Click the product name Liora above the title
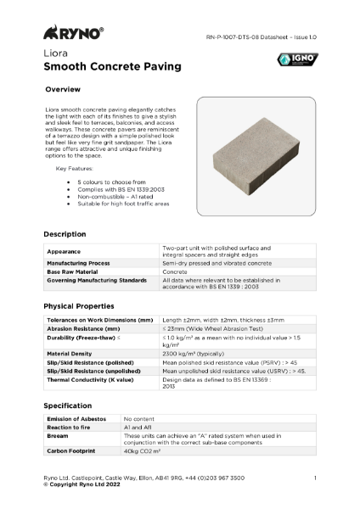click(x=56, y=53)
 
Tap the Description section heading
click(x=65, y=233)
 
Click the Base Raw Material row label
click(x=78, y=271)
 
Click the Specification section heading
click(x=68, y=406)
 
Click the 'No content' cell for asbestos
click(x=140, y=419)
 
